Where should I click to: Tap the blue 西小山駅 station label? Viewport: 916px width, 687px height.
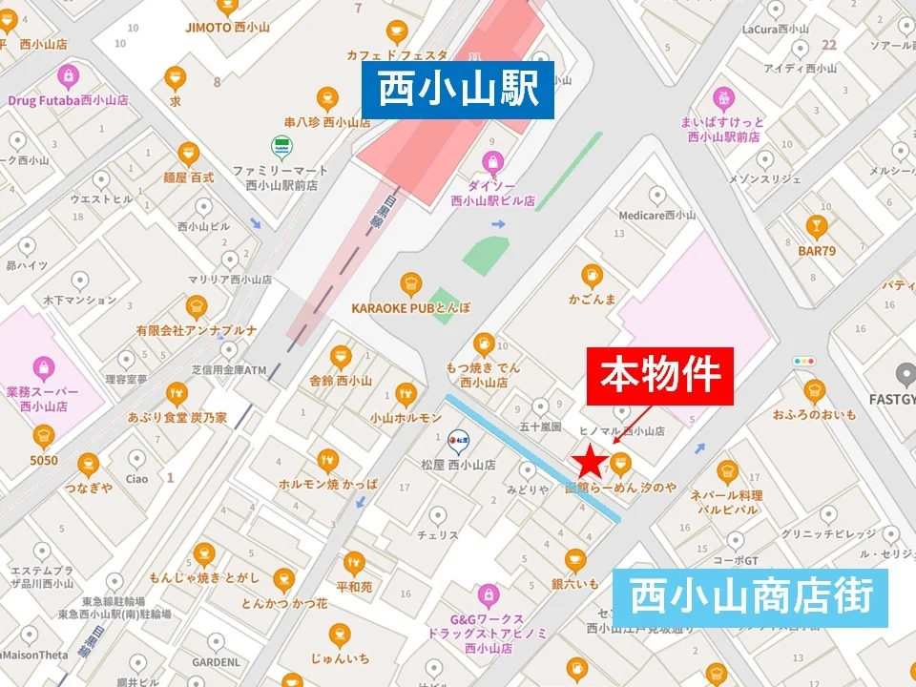(x=459, y=91)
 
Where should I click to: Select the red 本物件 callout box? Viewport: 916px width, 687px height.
(x=659, y=376)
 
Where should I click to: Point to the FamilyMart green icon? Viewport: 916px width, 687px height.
(x=281, y=147)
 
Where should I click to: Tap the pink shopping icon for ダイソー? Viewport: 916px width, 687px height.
(x=492, y=161)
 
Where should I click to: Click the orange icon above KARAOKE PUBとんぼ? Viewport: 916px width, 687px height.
(x=411, y=283)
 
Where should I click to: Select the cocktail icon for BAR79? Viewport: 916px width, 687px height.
(x=816, y=226)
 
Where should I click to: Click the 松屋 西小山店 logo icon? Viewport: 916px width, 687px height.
(x=458, y=441)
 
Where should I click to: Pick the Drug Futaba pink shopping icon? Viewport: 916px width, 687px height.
(x=68, y=75)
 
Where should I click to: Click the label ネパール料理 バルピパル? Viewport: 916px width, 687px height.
(x=727, y=502)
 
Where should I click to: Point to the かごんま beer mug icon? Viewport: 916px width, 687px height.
(x=592, y=277)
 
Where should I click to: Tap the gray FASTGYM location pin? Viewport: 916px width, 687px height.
(x=905, y=374)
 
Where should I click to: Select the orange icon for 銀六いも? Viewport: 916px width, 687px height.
(x=573, y=560)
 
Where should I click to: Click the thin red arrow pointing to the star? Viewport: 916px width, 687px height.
(x=633, y=423)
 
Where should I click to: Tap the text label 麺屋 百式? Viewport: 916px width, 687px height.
(x=189, y=177)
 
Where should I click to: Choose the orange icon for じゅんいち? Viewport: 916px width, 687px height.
(x=340, y=635)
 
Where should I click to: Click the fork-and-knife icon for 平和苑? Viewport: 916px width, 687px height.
(x=354, y=563)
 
